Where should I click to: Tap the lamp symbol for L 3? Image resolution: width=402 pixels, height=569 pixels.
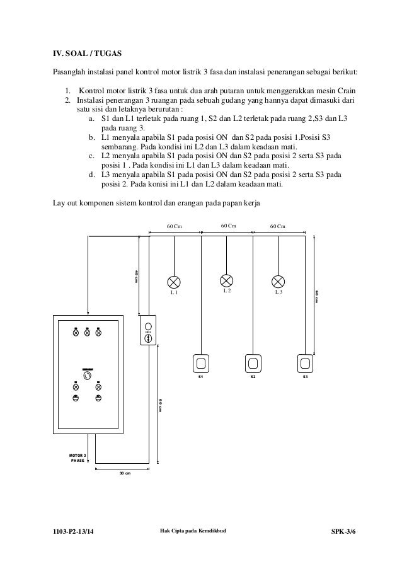coord(278,281)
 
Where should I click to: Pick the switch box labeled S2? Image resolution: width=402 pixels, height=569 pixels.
coord(253,363)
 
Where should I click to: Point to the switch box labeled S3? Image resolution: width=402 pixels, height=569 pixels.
coord(305,363)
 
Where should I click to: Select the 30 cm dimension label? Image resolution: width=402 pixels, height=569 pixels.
coord(124,473)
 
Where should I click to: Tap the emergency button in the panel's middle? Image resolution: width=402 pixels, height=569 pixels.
coord(88,376)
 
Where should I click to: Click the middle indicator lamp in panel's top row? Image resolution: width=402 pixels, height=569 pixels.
coord(87,333)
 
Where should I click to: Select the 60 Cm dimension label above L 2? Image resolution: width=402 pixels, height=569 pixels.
coord(228,226)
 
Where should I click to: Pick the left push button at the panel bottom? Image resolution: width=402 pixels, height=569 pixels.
coord(76,398)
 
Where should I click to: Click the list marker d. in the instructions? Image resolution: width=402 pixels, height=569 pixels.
coord(92,173)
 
